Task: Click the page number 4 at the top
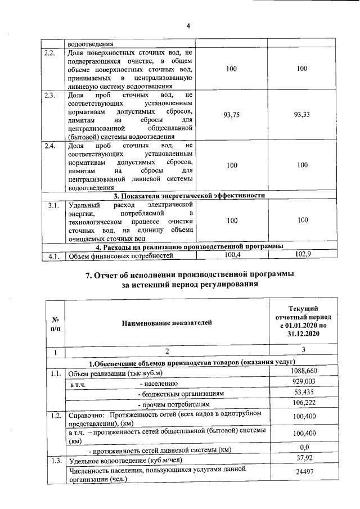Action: (x=188, y=25)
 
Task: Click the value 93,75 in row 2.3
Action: (x=231, y=114)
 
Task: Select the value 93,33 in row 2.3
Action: (x=303, y=114)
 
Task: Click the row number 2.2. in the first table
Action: (x=50, y=53)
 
